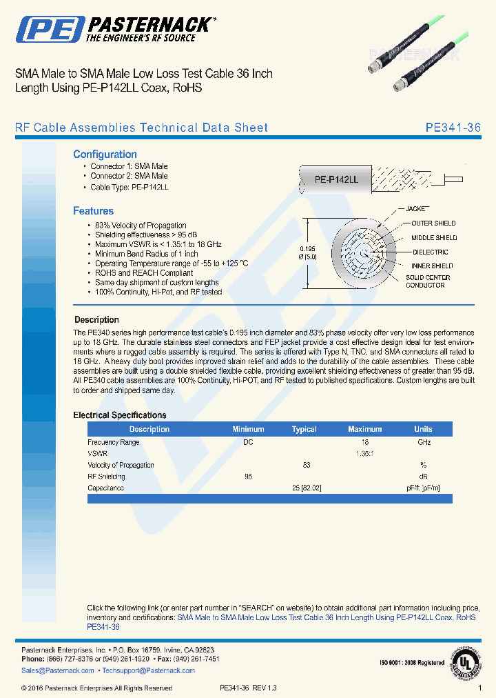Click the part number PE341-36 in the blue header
click(453, 128)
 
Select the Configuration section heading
click(105, 154)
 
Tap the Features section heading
click(93, 211)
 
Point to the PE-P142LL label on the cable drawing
click(336, 179)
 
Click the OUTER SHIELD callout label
click(433, 223)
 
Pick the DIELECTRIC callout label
click(430, 252)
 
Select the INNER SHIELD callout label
click(432, 266)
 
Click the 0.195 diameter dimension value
click(308, 249)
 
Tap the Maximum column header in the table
click(364, 429)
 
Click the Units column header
click(423, 429)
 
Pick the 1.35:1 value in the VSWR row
click(364, 454)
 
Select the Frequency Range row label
click(113, 442)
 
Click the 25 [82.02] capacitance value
click(307, 488)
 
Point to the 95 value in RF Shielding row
click(248, 477)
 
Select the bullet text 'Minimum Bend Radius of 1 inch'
click(146, 254)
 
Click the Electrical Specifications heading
click(119, 415)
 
